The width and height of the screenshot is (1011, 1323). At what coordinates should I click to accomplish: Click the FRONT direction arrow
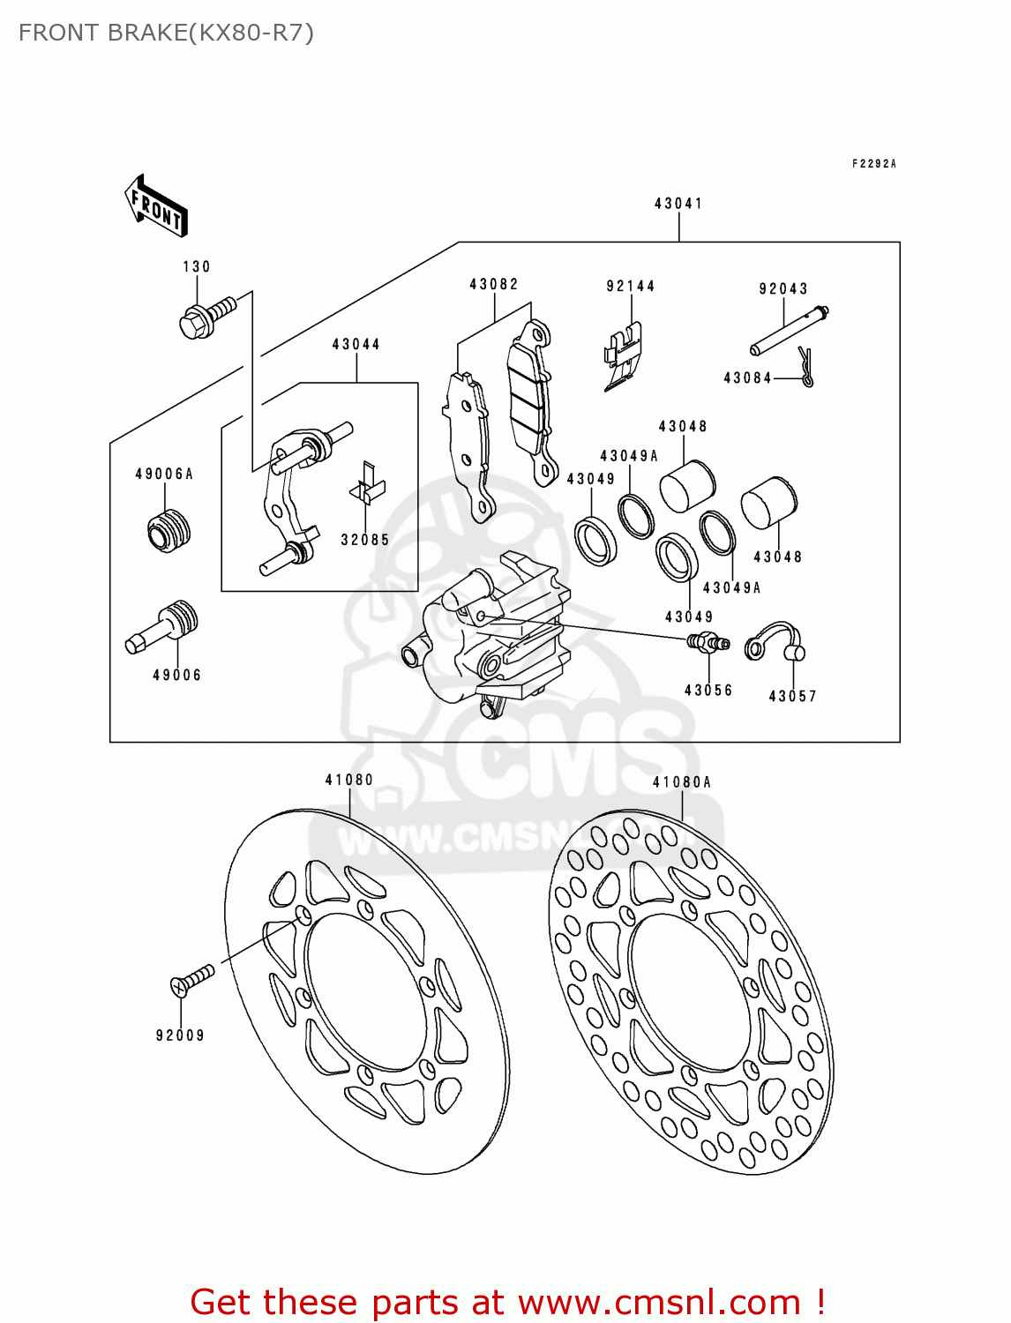click(157, 207)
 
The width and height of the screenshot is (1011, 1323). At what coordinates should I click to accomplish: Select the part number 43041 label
click(678, 204)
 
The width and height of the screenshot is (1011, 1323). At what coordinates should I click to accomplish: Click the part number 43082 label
click(494, 284)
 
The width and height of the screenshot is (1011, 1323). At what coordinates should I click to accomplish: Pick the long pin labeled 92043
click(789, 329)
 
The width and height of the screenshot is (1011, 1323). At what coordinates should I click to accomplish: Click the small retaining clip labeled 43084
click(805, 366)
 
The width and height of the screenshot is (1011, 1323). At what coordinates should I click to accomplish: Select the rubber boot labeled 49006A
click(168, 529)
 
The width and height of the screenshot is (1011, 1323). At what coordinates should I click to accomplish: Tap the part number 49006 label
click(176, 675)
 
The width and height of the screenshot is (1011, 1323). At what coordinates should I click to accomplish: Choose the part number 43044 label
click(356, 344)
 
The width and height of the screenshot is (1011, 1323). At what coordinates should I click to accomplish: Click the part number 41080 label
click(349, 780)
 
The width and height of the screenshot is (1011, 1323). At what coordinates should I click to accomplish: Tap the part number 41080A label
click(682, 782)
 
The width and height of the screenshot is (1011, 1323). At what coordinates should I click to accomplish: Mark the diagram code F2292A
click(873, 164)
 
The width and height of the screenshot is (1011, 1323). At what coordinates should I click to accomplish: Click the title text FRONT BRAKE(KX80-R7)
click(166, 33)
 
